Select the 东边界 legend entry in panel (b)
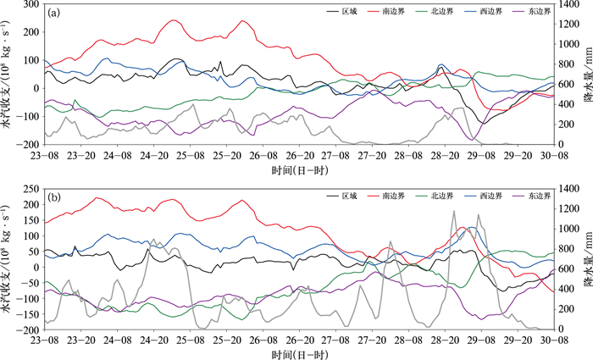pos(532,196)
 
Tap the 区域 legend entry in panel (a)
pos(342,11)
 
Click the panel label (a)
pos(53,14)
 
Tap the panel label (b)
pos(53,197)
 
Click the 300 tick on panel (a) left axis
pos(31,4)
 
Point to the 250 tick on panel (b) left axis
pos(31,188)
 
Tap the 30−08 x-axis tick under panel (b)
pos(554,340)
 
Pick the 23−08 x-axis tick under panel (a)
pos(45,155)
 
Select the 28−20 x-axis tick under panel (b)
pos(445,340)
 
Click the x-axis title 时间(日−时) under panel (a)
pos(300,170)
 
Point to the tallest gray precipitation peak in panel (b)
pos(453,211)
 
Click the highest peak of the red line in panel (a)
pos(174,20)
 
